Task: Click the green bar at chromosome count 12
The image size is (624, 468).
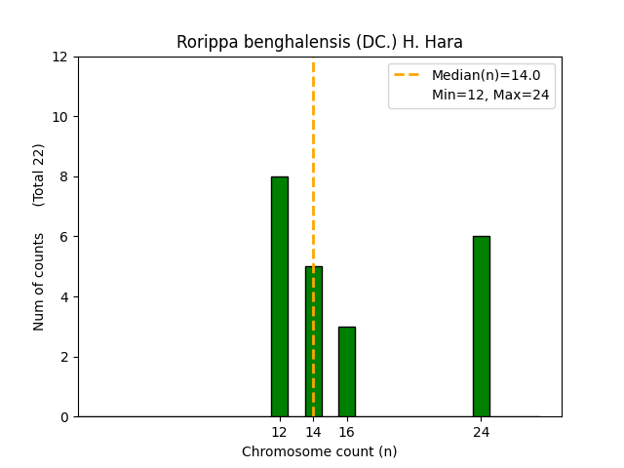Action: pos(280,296)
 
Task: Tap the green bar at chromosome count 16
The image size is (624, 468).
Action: pos(346,371)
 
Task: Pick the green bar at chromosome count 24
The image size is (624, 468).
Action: pos(481,327)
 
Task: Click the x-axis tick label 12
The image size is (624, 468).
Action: pos(280,432)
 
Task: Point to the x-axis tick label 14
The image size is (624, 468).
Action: pos(313,432)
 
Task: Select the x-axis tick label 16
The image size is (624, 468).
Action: pos(346,432)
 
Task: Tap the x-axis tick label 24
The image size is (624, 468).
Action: pos(481,432)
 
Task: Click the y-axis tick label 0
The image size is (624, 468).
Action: pos(65,417)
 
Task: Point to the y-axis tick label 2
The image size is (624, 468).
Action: pos(65,357)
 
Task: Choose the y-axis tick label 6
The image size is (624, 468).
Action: pos(65,237)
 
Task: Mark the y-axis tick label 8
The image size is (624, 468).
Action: pos(65,177)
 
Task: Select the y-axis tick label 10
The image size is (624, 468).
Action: pos(61,117)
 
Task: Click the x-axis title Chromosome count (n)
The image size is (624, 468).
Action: pos(319,451)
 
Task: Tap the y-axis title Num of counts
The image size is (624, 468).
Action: pos(40,282)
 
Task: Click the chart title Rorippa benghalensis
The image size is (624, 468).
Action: pos(319,42)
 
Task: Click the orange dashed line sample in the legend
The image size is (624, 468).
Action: pos(408,75)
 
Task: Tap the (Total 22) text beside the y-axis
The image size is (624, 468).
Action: pos(40,175)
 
